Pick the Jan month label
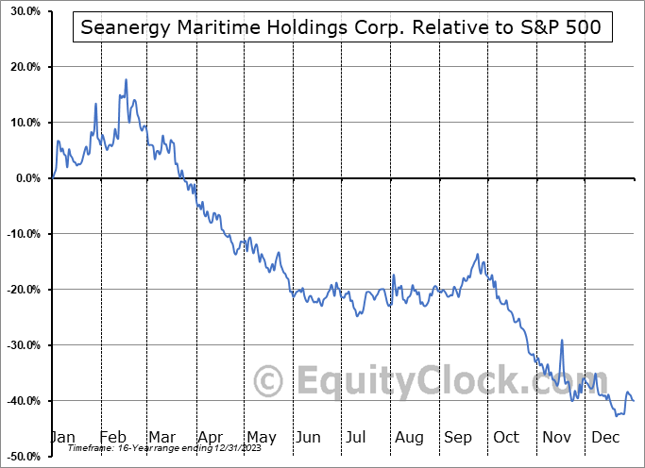point(61,438)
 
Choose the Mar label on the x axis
point(161,438)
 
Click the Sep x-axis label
point(457,438)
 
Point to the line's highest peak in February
point(126,80)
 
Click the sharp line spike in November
point(562,341)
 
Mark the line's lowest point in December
point(617,415)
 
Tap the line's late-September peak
point(478,254)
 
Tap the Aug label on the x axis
point(408,438)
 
